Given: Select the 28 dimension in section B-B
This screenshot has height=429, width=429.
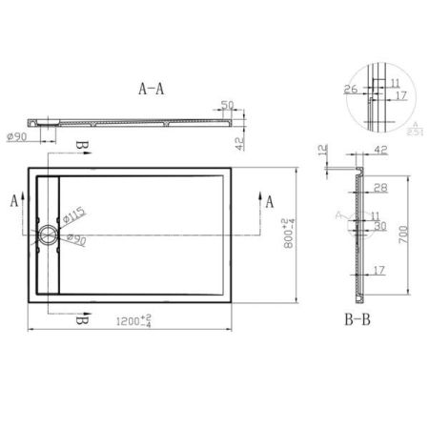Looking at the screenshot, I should (379, 189).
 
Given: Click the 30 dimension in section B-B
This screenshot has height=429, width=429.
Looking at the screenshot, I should (379, 227).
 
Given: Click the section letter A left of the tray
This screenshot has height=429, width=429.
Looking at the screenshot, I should (13, 201).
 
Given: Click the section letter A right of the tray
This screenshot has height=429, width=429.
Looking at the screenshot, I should (271, 201).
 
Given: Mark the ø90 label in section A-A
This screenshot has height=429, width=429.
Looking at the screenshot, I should (16, 136).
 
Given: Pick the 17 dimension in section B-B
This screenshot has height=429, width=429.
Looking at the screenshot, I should (379, 271).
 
